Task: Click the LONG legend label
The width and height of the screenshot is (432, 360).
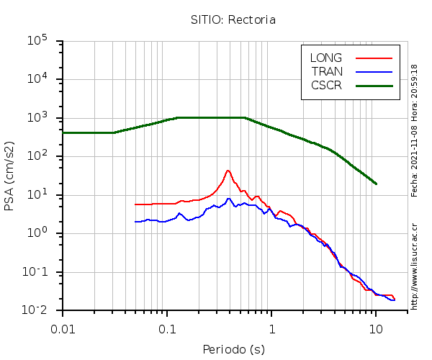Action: (326, 58)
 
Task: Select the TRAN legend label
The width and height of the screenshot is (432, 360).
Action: (327, 71)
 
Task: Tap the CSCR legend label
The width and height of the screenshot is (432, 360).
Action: (326, 85)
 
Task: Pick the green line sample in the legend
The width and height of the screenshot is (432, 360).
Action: (374, 85)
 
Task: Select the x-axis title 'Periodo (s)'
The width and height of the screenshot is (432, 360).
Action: (234, 350)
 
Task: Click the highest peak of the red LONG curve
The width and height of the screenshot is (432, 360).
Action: (228, 171)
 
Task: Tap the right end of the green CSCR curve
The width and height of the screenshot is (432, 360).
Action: (376, 184)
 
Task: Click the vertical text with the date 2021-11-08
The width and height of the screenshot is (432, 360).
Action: (414, 130)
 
